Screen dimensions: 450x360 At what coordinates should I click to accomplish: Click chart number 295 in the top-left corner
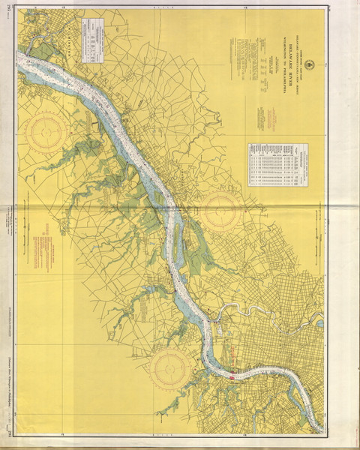coord(9,10)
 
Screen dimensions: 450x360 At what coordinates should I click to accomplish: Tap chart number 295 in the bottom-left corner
coord(9,441)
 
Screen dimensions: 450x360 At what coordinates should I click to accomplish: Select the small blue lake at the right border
coord(320,323)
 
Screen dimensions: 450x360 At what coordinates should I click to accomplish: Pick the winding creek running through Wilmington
coord(37,52)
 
